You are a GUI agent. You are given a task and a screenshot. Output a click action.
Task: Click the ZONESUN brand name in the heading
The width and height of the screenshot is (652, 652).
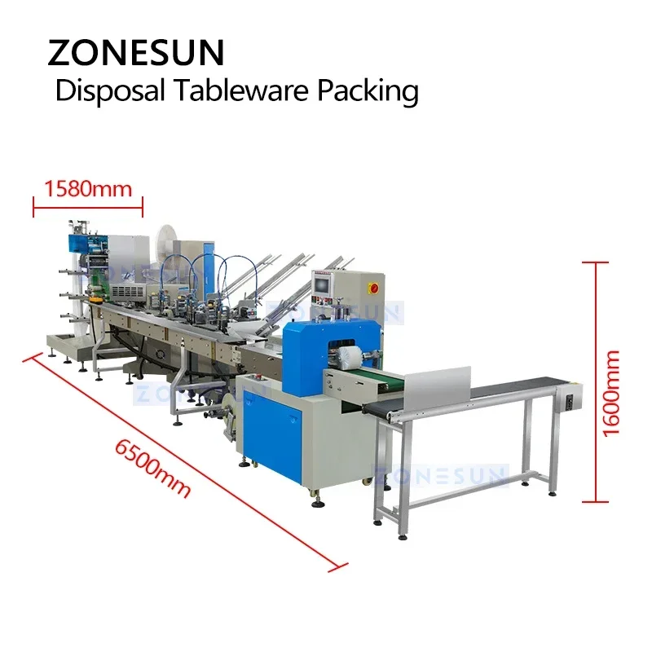(x=135, y=52)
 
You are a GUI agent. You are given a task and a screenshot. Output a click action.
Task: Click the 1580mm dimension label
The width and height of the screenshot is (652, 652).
(x=87, y=189)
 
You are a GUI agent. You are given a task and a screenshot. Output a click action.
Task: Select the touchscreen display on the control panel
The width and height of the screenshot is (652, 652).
(x=323, y=284)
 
